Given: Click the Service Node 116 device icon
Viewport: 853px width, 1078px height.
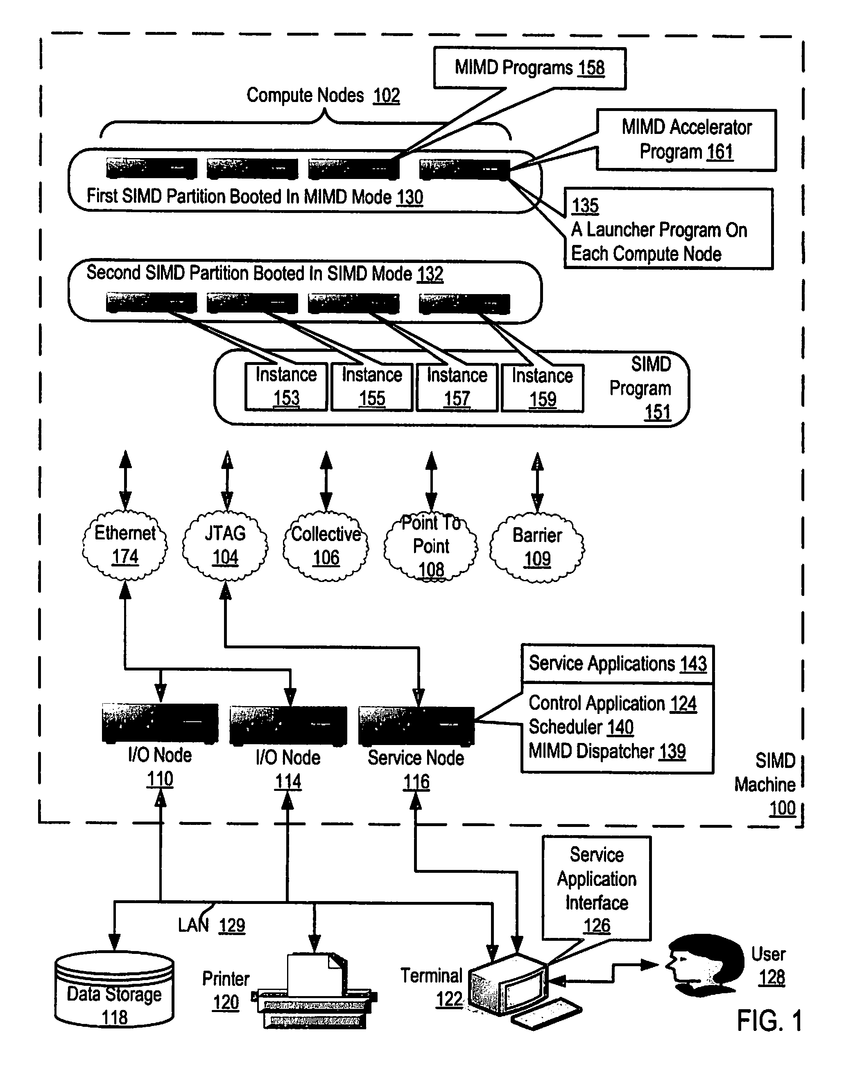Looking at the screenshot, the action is (x=416, y=726).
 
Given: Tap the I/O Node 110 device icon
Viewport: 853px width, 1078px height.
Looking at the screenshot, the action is (x=160, y=723).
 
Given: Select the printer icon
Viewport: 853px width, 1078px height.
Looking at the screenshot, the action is (x=315, y=992).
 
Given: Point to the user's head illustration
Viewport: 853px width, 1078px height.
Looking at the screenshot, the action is (x=704, y=965).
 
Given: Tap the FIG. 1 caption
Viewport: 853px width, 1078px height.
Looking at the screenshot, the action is (x=769, y=1021).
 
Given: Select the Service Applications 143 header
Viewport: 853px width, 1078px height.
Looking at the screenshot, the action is (x=618, y=664).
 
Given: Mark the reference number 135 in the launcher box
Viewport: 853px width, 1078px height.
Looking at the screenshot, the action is (x=585, y=206).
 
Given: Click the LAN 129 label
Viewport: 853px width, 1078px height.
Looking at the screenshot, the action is (x=212, y=925).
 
